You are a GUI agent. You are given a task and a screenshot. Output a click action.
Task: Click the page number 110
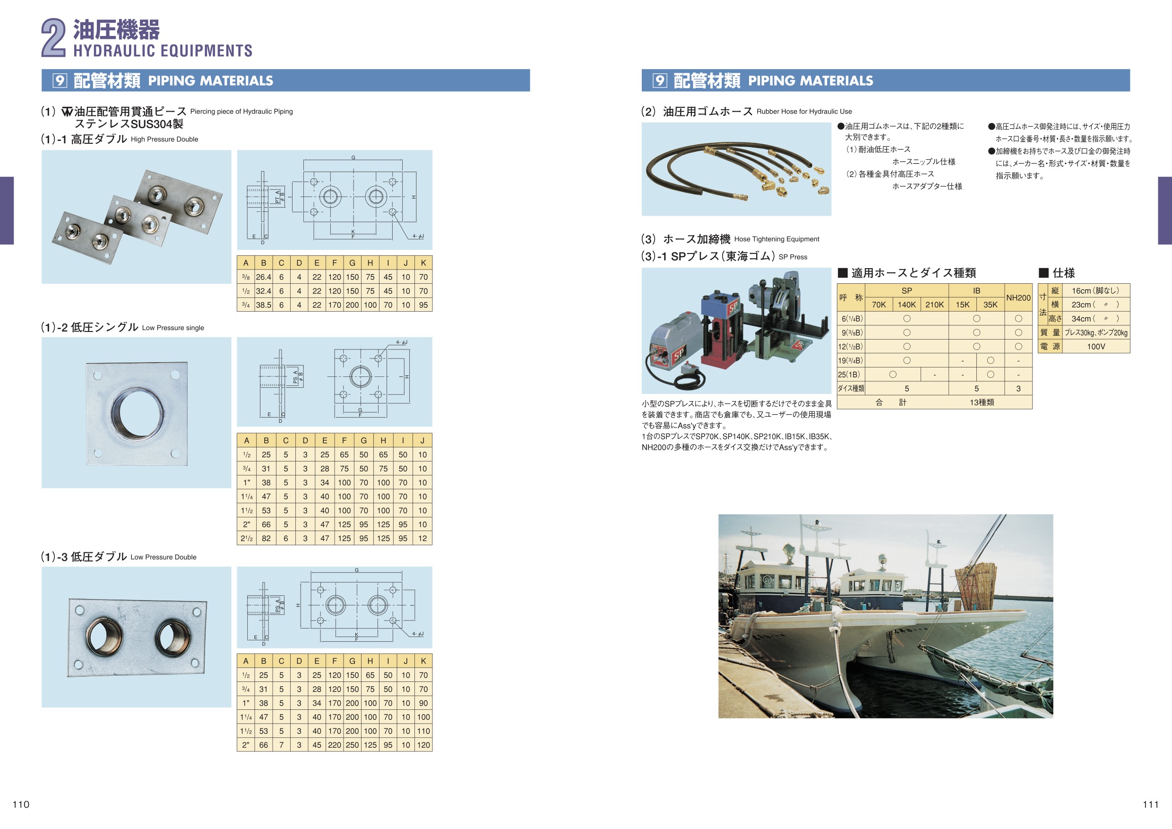pyautogui.click(x=21, y=804)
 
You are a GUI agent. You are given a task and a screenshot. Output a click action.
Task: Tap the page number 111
pyautogui.click(x=1151, y=804)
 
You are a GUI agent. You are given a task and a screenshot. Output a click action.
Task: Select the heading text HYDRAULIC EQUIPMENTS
pyautogui.click(x=163, y=51)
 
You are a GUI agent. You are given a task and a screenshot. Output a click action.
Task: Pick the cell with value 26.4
pyautogui.click(x=263, y=277)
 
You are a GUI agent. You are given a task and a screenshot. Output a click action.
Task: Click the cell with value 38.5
pyautogui.click(x=263, y=305)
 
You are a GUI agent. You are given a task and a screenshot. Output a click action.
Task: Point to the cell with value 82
pyautogui.click(x=266, y=538)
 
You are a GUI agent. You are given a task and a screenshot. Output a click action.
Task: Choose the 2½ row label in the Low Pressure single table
pyautogui.click(x=247, y=538)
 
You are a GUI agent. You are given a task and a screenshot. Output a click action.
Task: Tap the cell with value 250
pyautogui.click(x=352, y=745)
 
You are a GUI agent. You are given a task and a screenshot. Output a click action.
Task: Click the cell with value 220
pyautogui.click(x=334, y=745)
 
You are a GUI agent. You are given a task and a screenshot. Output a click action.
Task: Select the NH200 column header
pyautogui.click(x=1018, y=298)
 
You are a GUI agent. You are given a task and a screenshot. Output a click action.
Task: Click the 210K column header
pyautogui.click(x=935, y=305)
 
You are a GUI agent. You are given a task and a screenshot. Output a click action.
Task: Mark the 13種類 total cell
pyautogui.click(x=982, y=402)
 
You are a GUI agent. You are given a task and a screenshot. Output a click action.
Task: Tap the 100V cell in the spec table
pyautogui.click(x=1096, y=346)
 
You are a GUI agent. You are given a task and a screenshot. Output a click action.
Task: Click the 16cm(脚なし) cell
pyautogui.click(x=1095, y=291)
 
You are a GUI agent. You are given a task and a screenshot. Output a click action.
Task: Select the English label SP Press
pyautogui.click(x=793, y=257)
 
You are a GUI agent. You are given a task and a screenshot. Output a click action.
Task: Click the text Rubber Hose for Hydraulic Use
pyautogui.click(x=804, y=111)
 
